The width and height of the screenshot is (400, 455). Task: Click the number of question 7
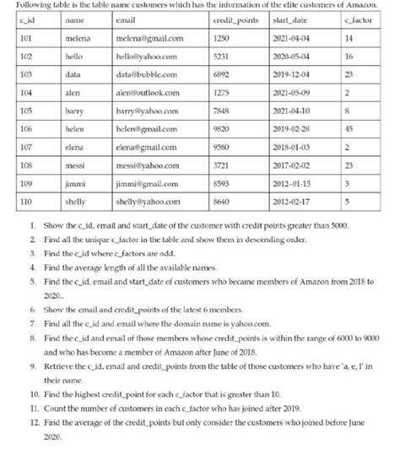coord(31,346)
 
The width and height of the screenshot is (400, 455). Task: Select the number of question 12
coord(33,429)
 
